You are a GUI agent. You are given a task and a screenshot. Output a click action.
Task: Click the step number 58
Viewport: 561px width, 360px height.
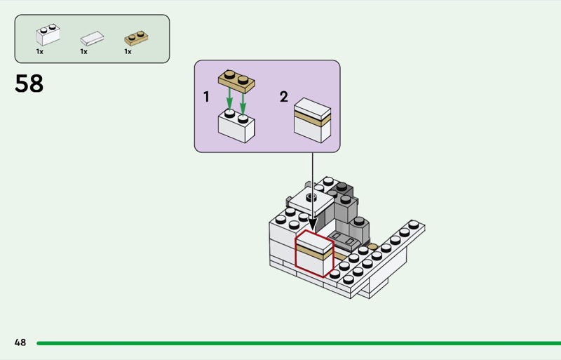tap(29, 84)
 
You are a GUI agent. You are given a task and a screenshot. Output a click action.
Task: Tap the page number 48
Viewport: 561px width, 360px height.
tap(20, 342)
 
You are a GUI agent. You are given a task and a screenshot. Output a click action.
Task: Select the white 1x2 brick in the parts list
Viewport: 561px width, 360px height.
tap(48, 35)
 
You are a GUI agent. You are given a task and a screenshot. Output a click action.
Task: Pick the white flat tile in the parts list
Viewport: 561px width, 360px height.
tap(92, 39)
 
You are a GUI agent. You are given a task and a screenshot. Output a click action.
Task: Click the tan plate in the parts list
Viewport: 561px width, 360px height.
tap(136, 38)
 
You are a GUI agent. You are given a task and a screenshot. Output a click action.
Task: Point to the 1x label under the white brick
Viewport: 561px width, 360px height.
tap(40, 52)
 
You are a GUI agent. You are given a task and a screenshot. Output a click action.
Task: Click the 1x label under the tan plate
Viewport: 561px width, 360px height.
tap(128, 52)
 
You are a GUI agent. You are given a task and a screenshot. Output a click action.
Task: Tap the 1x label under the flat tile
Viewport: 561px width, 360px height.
tap(83, 52)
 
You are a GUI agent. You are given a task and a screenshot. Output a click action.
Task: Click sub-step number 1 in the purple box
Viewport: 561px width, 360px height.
tap(206, 97)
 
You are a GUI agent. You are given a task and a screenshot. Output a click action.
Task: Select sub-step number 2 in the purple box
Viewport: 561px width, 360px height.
tap(284, 97)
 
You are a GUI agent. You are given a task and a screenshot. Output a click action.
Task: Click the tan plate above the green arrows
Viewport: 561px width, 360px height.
tap(236, 81)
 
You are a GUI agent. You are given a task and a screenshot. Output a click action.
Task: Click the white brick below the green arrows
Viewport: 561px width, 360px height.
tap(236, 126)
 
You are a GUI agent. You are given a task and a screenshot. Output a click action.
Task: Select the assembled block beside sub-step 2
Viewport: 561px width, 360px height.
tap(312, 121)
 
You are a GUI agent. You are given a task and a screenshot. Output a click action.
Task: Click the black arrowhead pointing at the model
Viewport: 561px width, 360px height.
tap(312, 225)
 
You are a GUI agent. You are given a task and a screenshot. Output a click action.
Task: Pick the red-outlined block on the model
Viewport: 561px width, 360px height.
tap(314, 254)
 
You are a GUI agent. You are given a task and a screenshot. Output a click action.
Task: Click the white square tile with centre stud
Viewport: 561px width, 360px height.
tap(311, 201)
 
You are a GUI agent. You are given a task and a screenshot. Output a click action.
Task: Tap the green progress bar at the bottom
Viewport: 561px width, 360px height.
tap(299, 343)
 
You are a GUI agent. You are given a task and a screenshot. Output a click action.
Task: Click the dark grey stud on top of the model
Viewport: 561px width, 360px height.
tap(342, 186)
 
